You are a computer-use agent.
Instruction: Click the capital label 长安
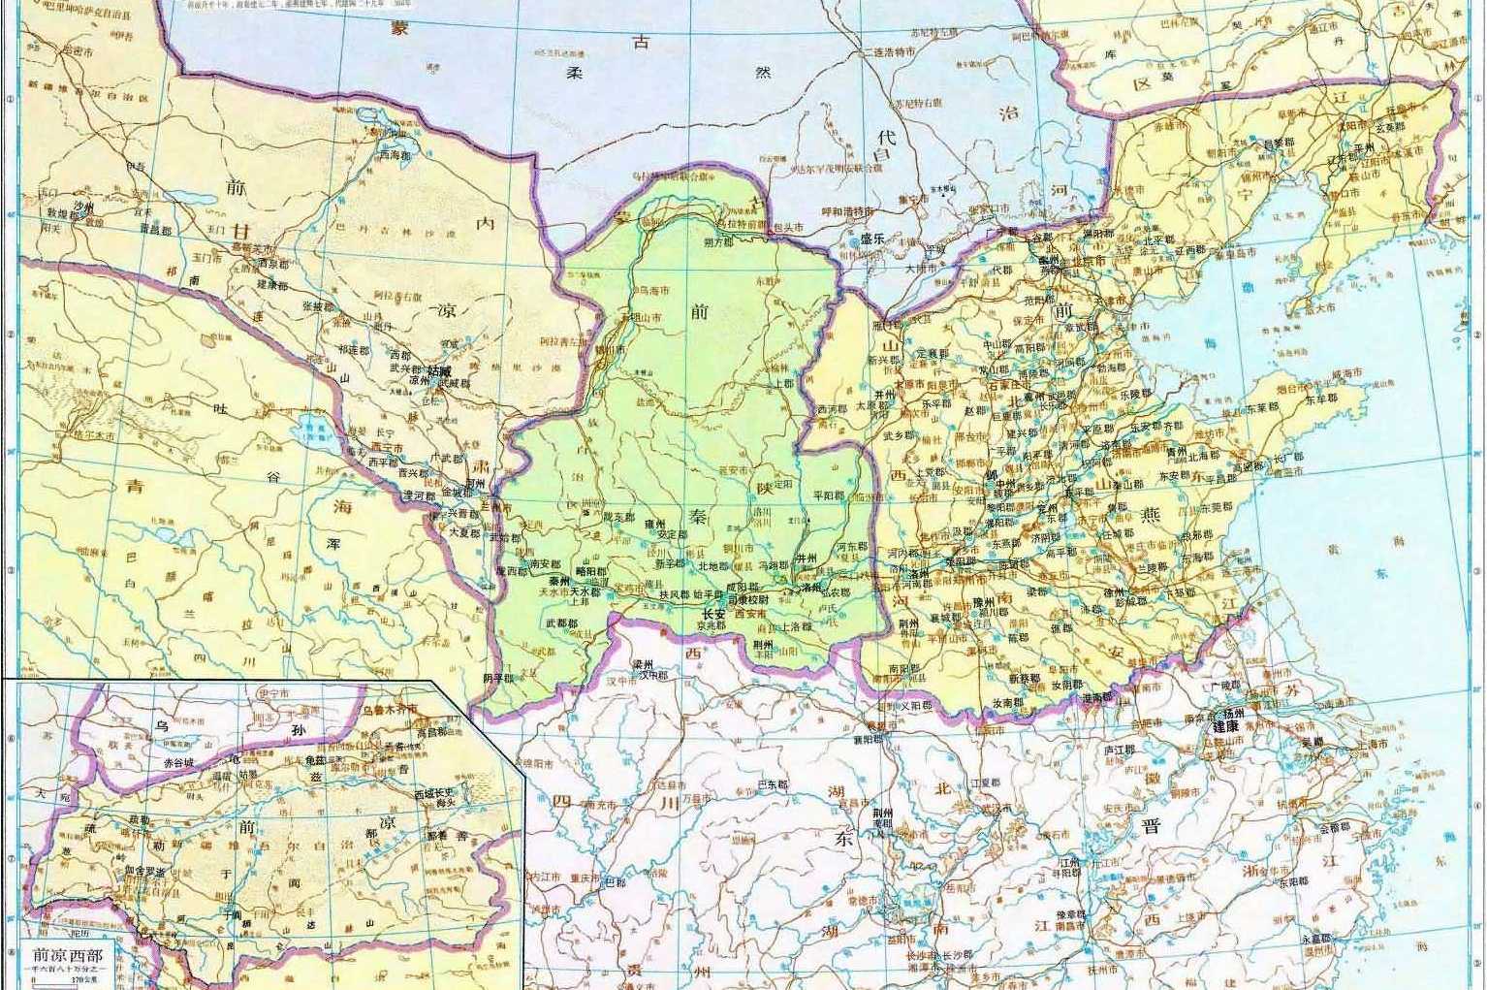[712, 614]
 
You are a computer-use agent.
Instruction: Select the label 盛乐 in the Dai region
[872, 238]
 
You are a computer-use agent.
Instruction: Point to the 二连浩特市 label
[889, 52]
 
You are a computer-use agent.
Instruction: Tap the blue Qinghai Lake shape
[311, 425]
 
